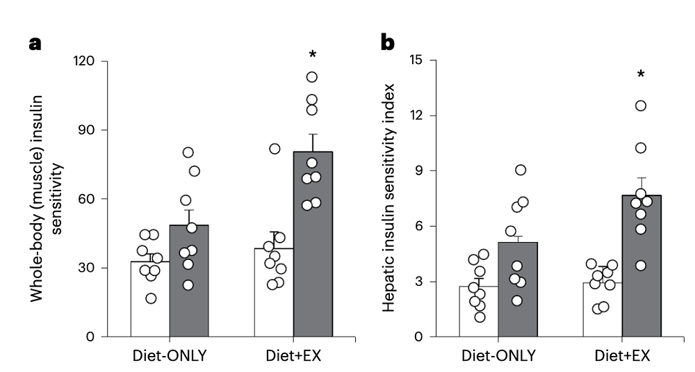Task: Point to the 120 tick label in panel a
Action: click(x=87, y=61)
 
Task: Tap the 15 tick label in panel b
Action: click(x=415, y=60)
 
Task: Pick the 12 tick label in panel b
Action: click(x=415, y=115)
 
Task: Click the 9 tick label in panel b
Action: click(x=418, y=171)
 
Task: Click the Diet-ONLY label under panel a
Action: click(x=169, y=357)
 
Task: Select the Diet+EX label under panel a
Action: click(x=293, y=357)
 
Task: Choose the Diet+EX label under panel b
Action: click(x=621, y=357)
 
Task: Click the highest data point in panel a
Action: click(x=312, y=77)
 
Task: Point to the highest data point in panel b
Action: click(x=641, y=106)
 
